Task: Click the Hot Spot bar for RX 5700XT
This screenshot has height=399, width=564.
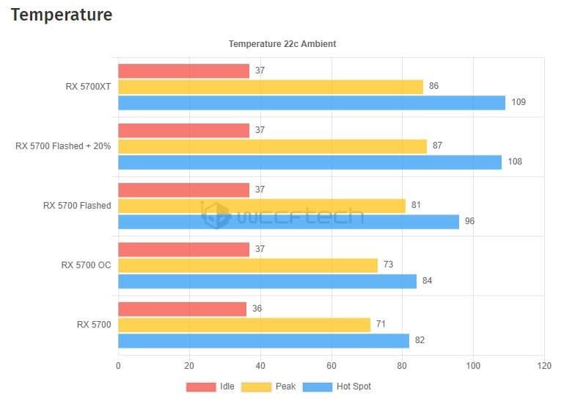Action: [312, 102]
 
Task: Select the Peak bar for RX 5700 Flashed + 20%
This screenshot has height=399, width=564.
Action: [272, 146]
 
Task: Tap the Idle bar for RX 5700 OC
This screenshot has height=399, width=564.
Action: [183, 249]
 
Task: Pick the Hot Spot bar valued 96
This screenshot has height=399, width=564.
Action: [288, 221]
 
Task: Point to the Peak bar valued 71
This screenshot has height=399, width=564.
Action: [244, 325]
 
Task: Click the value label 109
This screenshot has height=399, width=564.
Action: [519, 102]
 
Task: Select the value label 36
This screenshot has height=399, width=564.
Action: [257, 309]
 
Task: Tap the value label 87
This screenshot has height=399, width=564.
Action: [437, 145]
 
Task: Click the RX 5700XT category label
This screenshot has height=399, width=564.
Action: [88, 87]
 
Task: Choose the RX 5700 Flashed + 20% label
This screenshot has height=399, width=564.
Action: [63, 146]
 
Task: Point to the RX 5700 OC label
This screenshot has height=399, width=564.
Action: [86, 265]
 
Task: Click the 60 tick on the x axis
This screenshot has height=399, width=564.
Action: [331, 365]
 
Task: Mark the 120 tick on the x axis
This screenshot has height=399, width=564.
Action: [543, 365]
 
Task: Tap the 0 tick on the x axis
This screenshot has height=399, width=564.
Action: [118, 365]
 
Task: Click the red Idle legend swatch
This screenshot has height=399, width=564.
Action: [200, 387]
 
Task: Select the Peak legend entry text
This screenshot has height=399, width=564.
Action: [285, 387]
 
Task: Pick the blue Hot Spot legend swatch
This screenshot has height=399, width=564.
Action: [317, 387]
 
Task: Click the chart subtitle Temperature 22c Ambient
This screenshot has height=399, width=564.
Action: [282, 44]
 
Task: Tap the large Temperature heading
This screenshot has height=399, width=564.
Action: [62, 14]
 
